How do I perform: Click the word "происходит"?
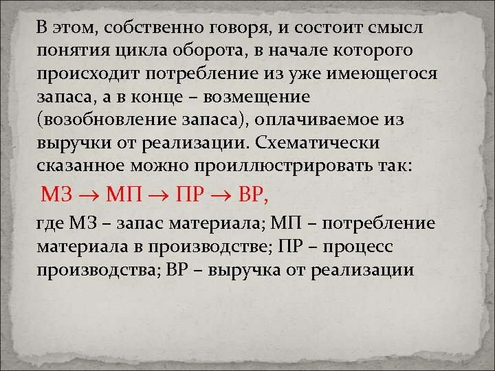pyautogui.click(x=90, y=76)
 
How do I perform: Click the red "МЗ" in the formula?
pyautogui.click(x=56, y=196)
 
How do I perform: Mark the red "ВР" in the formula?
pyautogui.click(x=250, y=196)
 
